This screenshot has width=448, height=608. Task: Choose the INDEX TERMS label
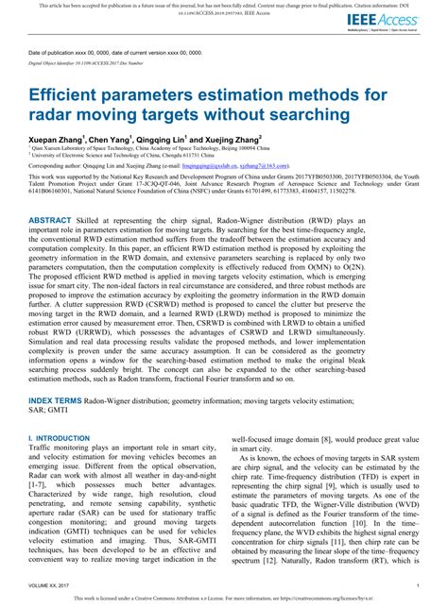56,401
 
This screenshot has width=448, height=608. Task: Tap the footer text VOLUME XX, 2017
53,584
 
